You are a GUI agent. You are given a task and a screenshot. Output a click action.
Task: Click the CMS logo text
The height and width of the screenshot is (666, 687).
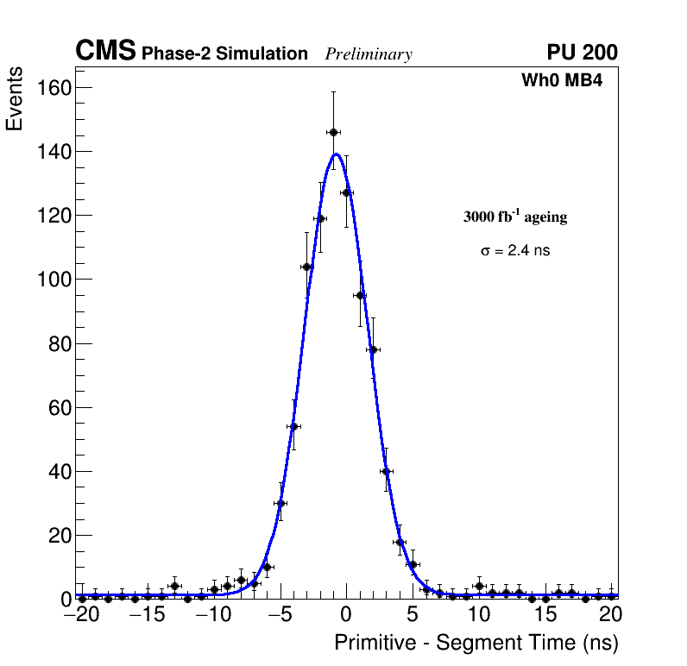pyautogui.click(x=105, y=52)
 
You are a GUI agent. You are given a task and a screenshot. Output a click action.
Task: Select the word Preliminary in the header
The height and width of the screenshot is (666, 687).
pyautogui.click(x=369, y=54)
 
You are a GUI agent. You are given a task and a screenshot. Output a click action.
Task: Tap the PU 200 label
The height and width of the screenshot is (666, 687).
pyautogui.click(x=582, y=53)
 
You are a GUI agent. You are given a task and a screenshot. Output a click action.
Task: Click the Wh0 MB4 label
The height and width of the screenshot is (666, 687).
pyautogui.click(x=561, y=81)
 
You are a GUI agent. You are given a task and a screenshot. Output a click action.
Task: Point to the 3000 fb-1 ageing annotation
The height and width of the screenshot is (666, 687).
pyautogui.click(x=515, y=217)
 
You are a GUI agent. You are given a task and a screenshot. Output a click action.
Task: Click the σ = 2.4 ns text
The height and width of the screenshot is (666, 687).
pyautogui.click(x=515, y=251)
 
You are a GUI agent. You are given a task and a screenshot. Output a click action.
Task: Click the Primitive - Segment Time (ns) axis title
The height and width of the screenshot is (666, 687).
pyautogui.click(x=476, y=643)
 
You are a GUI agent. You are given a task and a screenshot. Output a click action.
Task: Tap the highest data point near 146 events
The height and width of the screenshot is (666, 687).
pyautogui.click(x=333, y=132)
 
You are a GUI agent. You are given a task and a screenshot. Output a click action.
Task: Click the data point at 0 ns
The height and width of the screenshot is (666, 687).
pyautogui.click(x=346, y=192)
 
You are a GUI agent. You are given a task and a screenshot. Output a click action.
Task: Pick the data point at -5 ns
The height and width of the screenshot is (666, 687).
pyautogui.click(x=280, y=503)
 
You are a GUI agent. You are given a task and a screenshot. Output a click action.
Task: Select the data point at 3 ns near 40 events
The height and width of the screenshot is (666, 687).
pyautogui.click(x=386, y=471)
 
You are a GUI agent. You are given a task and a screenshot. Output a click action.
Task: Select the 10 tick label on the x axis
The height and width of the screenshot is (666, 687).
pyautogui.click(x=479, y=615)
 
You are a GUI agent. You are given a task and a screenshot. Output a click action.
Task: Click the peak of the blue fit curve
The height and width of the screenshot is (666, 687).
pyautogui.click(x=337, y=154)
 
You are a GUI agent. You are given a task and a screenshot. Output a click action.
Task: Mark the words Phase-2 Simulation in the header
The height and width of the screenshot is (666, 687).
pyautogui.click(x=224, y=54)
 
